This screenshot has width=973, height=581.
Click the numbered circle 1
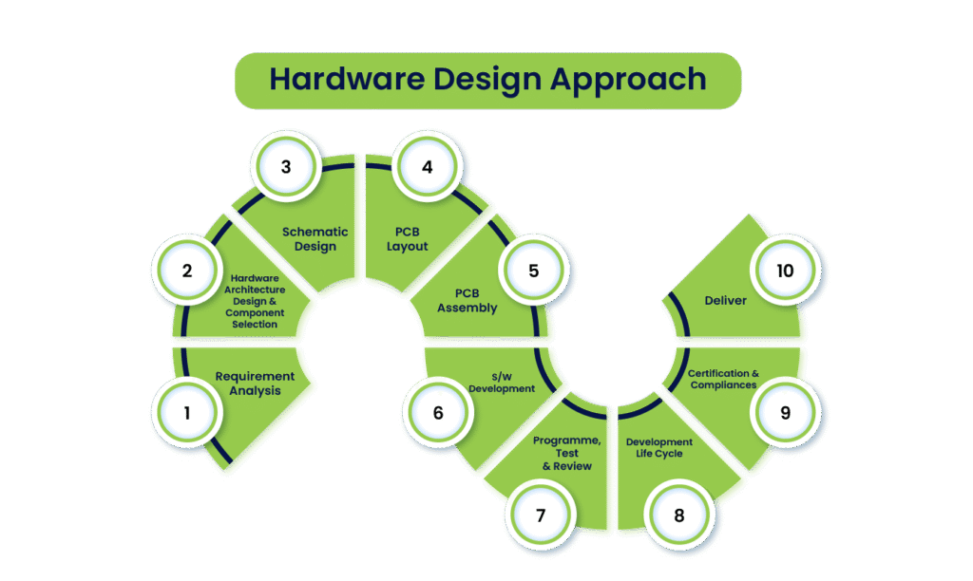tap(187, 413)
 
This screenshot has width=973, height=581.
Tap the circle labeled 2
tap(187, 271)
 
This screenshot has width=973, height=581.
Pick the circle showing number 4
tap(427, 166)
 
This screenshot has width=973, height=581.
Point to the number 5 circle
tap(533, 271)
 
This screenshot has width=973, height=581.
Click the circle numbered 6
tap(438, 413)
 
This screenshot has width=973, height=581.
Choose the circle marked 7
tap(541, 515)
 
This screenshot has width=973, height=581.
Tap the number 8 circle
tap(678, 515)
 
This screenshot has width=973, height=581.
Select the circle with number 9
tap(785, 413)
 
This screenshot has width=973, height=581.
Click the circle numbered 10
tap(785, 271)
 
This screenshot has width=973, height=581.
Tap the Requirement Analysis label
tap(255, 383)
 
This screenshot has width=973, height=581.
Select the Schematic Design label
tap(315, 238)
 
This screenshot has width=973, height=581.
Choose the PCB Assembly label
tap(467, 300)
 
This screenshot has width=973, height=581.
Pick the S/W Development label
tap(502, 383)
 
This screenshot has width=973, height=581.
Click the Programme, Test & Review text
tap(566, 453)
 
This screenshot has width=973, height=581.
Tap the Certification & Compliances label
tap(723, 379)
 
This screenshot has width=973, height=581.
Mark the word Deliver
tap(725, 300)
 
